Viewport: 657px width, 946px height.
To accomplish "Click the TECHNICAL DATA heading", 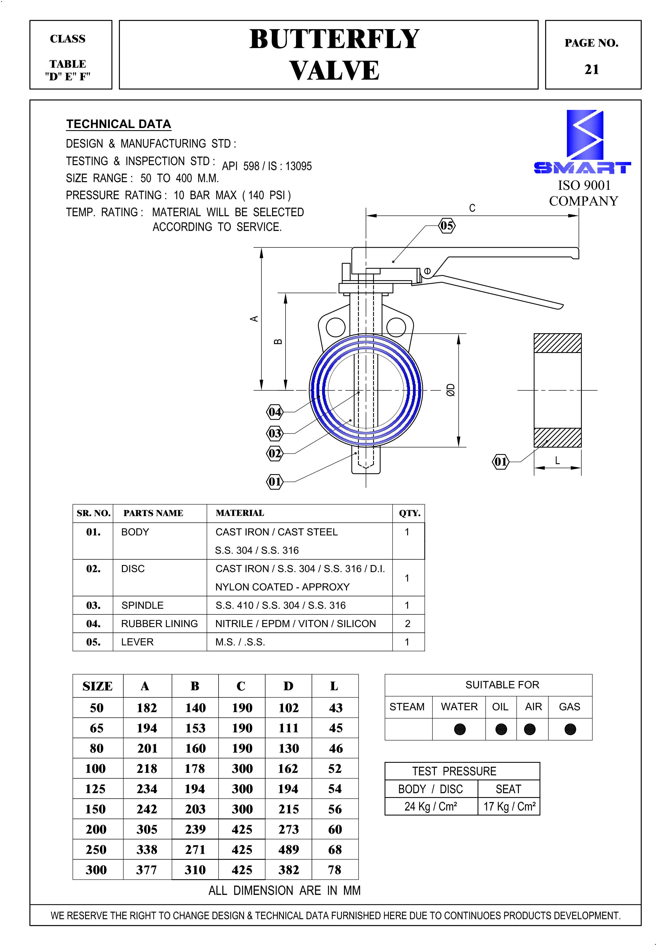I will coord(119,124).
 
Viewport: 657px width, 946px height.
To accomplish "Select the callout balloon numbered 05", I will coord(447,226).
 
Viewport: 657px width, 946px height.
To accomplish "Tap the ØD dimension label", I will coord(451,389).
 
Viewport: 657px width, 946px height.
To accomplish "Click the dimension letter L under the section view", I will coord(557,460).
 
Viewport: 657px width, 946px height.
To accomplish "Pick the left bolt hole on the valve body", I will coord(336,327).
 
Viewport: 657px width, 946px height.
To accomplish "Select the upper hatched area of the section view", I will coord(557,343).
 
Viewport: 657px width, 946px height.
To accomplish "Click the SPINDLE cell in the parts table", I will coord(142,605).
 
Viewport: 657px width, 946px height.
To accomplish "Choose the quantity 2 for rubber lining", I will coord(407,624).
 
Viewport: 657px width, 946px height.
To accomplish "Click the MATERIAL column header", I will coord(240,513).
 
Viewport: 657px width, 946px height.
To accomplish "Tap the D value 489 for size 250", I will coord(288,849).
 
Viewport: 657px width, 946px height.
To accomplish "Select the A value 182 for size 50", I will coord(147,708).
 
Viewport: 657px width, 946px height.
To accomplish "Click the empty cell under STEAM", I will coord(408,729).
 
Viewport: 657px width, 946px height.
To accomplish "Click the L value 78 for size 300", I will coord(335,870).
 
